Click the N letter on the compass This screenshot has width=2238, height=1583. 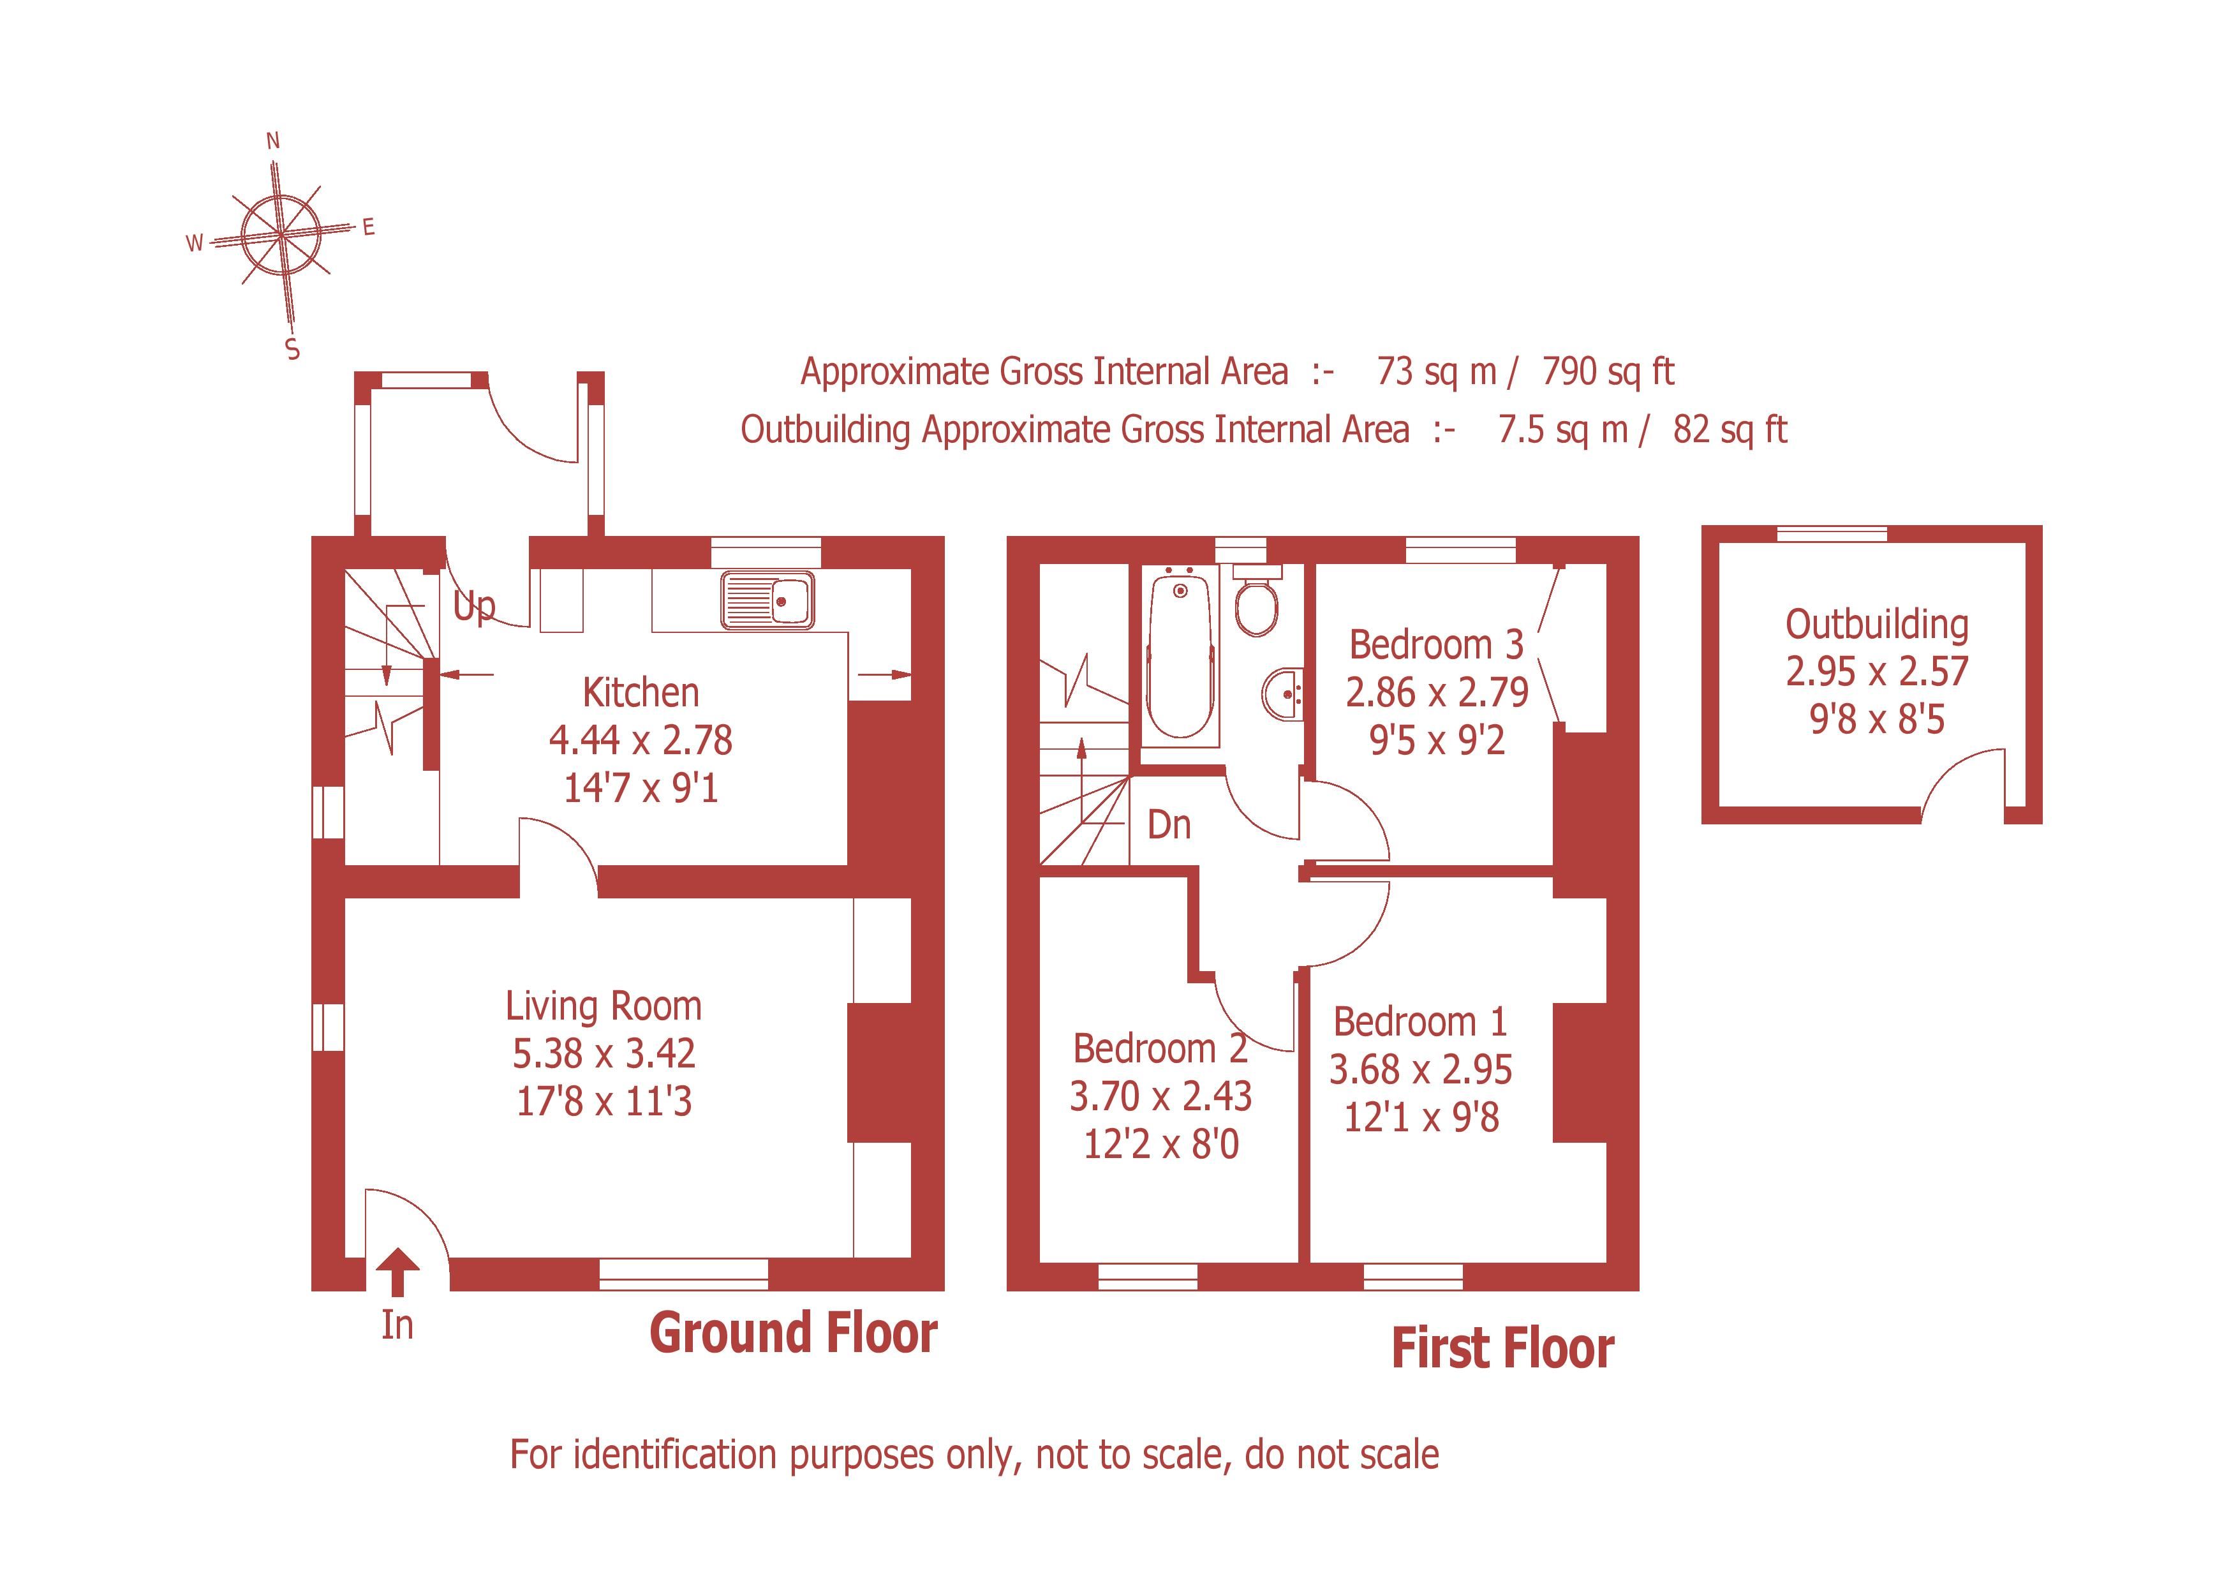pos(273,142)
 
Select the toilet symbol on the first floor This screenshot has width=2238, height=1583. pos(1256,604)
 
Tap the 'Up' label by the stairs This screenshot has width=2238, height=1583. pos(474,606)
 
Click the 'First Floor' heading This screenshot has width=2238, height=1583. pos(1502,1349)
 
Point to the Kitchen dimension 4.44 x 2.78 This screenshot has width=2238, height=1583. pos(641,741)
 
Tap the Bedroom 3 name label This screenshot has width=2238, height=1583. pos(1436,645)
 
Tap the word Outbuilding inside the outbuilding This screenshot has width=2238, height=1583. pos(1876,625)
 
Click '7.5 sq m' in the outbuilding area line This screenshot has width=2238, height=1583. pos(1562,430)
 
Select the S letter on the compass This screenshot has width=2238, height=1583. pos(292,349)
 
